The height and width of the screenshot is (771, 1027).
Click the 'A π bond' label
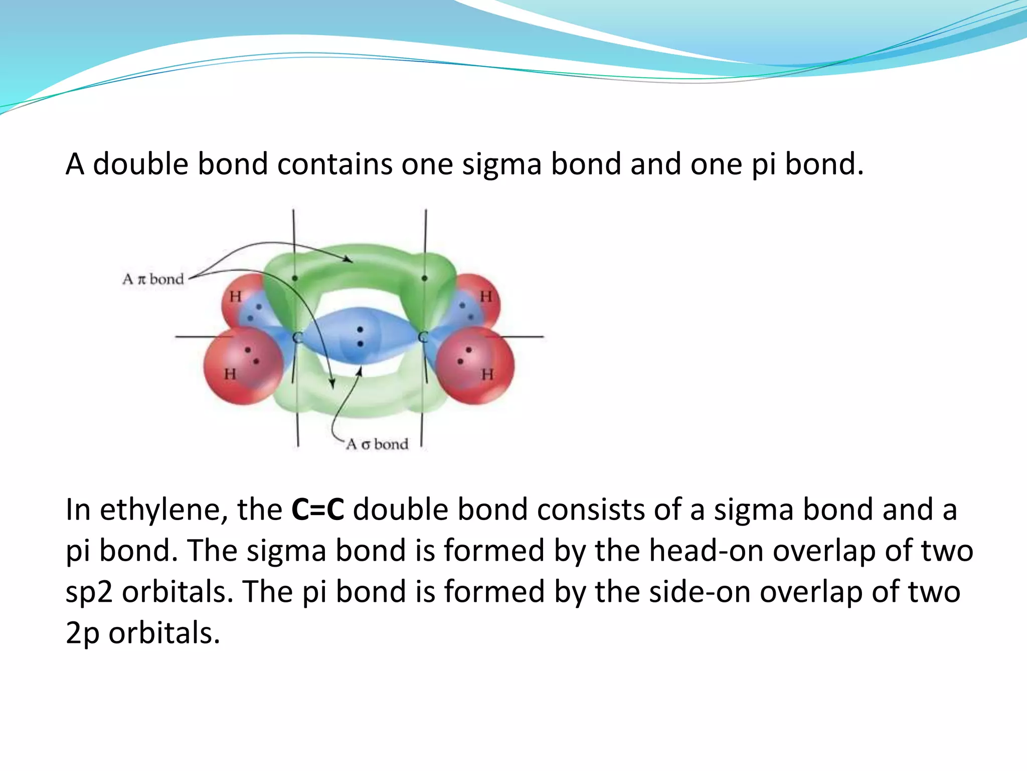click(x=153, y=279)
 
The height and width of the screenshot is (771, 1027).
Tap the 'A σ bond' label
click(x=377, y=444)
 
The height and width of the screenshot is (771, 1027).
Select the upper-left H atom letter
click(x=235, y=297)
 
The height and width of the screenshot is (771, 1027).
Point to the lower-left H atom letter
click(x=230, y=374)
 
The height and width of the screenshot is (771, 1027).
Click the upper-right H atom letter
click(x=485, y=297)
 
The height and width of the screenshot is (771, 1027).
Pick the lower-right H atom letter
click(x=487, y=374)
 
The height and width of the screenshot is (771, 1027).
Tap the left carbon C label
click(x=297, y=337)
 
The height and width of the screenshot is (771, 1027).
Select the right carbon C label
click(x=423, y=337)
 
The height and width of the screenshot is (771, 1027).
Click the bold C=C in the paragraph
click(x=317, y=509)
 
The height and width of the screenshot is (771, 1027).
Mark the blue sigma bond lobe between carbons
click(x=360, y=335)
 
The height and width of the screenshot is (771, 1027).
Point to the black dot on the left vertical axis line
click(x=294, y=278)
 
